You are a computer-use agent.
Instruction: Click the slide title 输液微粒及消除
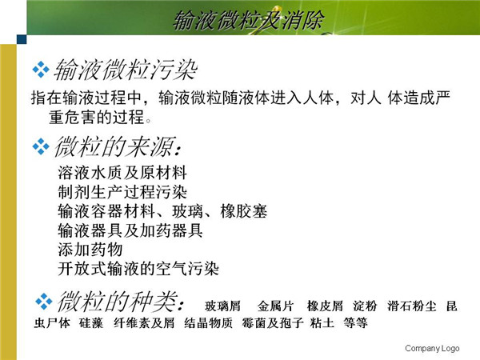248,21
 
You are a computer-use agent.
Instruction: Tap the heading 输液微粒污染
126,70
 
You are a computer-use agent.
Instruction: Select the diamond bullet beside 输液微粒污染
41,70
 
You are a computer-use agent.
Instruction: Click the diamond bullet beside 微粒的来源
41,146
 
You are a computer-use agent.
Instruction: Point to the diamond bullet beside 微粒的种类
44,302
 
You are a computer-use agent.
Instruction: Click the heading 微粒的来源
118,146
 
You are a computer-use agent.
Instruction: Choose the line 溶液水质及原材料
122,173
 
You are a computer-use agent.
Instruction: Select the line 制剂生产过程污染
122,192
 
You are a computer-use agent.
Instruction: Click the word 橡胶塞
244,211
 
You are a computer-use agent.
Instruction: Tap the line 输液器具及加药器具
130,230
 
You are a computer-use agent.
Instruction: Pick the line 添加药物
90,250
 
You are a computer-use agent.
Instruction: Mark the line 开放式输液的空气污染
138,269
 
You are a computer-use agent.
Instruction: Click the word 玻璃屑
222,306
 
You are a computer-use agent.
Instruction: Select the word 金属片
275,306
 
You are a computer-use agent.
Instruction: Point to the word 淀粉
365,306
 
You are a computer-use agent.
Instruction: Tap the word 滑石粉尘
412,306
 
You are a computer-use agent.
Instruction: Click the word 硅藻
91,323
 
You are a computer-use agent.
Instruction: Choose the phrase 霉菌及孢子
273,323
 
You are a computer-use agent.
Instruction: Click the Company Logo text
432,348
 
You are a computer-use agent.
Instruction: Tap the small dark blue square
22,39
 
